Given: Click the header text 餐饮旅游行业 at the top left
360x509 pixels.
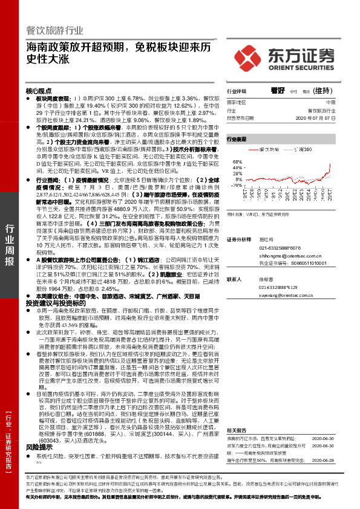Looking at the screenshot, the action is tap(54, 30).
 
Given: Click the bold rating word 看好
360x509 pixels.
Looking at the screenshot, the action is tap(279, 90).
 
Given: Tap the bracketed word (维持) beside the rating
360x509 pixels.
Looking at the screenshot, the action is tap(323, 90).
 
